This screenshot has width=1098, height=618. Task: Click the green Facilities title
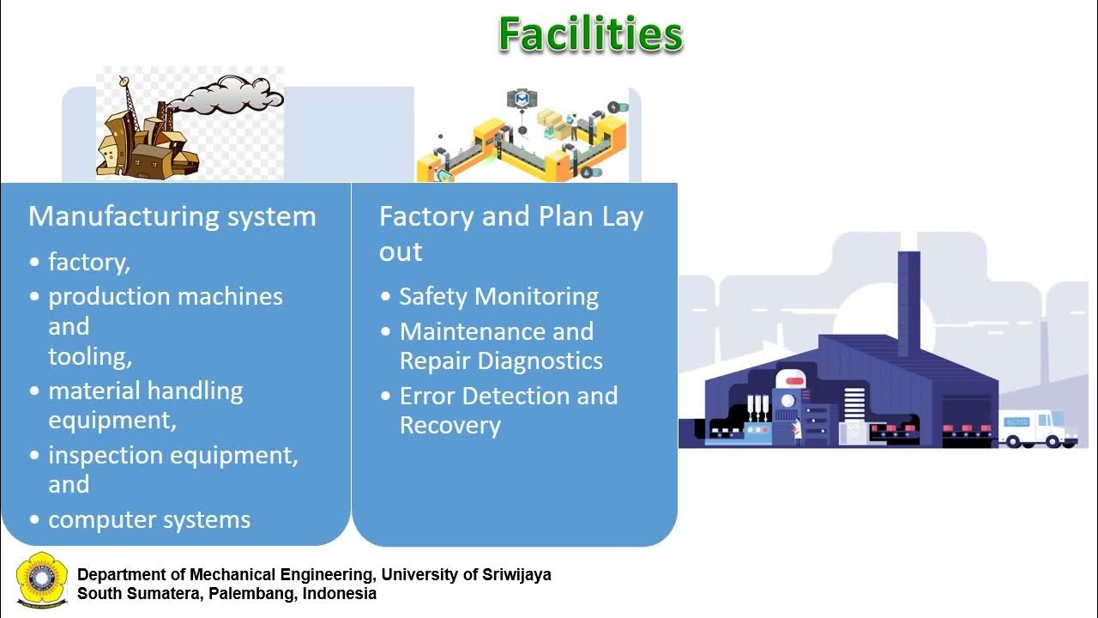[590, 35]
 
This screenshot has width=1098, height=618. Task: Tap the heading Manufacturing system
[172, 216]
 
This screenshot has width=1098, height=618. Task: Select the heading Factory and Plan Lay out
[510, 233]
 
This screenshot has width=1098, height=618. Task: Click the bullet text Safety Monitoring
[498, 297]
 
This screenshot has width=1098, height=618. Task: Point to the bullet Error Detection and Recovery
[508, 410]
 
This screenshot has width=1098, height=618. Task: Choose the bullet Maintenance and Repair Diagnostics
[501, 346]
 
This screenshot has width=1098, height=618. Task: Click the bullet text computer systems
[149, 520]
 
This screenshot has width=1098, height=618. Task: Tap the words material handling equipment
[146, 405]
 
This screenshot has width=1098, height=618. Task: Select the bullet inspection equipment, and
[172, 470]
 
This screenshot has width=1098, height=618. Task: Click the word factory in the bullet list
[88, 262]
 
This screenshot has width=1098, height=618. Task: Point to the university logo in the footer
[41, 582]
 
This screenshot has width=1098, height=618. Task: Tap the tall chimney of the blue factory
[908, 296]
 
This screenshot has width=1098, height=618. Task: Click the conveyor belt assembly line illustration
[522, 137]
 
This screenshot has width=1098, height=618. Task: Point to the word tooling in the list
[89, 356]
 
